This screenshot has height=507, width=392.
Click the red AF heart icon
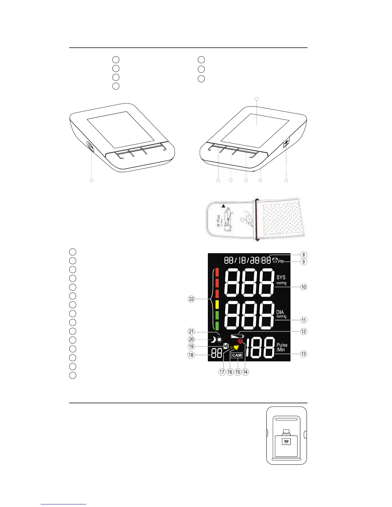click(241, 342)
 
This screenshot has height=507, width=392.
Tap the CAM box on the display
click(237, 355)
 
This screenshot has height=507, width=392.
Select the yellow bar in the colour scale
click(217, 304)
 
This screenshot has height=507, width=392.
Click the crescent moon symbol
click(213, 340)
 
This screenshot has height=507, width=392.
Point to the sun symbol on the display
click(219, 340)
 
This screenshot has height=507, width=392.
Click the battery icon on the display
click(237, 336)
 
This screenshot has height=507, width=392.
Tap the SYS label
click(281, 278)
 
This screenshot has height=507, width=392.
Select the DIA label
click(280, 312)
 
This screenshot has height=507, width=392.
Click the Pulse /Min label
click(282, 347)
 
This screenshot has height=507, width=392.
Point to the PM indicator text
click(281, 262)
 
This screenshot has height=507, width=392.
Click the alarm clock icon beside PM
click(274, 261)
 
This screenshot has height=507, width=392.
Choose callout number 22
click(191, 299)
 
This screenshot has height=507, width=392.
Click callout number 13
click(303, 354)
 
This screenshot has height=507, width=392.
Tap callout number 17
click(222, 372)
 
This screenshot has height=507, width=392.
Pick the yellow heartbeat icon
click(236, 348)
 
